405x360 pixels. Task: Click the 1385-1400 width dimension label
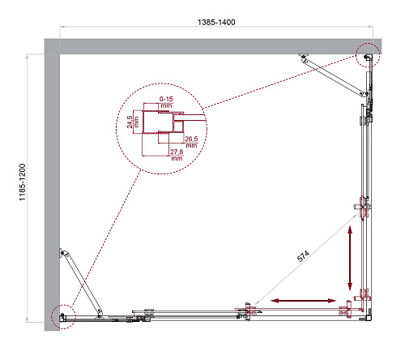[x=216, y=22]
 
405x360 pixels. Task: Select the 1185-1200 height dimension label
[x=22, y=182]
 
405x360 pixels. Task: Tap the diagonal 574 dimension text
[x=303, y=256]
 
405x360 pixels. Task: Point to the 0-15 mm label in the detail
[x=166, y=102]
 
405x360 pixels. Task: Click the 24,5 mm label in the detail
[x=133, y=122]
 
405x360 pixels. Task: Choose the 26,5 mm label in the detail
[x=191, y=142]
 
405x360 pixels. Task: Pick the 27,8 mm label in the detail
[x=177, y=155]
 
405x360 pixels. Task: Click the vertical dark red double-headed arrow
[x=350, y=258]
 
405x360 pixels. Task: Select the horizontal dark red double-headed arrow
[x=304, y=301]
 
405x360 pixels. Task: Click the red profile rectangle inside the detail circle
[x=158, y=122]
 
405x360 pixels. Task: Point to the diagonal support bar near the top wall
[x=335, y=76]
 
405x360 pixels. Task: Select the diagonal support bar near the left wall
[x=82, y=284]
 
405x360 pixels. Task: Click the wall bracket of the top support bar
[x=303, y=57]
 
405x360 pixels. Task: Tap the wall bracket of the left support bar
[x=62, y=253]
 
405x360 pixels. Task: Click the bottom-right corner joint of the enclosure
[x=369, y=318]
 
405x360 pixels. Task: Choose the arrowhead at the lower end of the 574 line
[x=256, y=302]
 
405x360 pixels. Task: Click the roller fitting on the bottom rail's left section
[x=148, y=315]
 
